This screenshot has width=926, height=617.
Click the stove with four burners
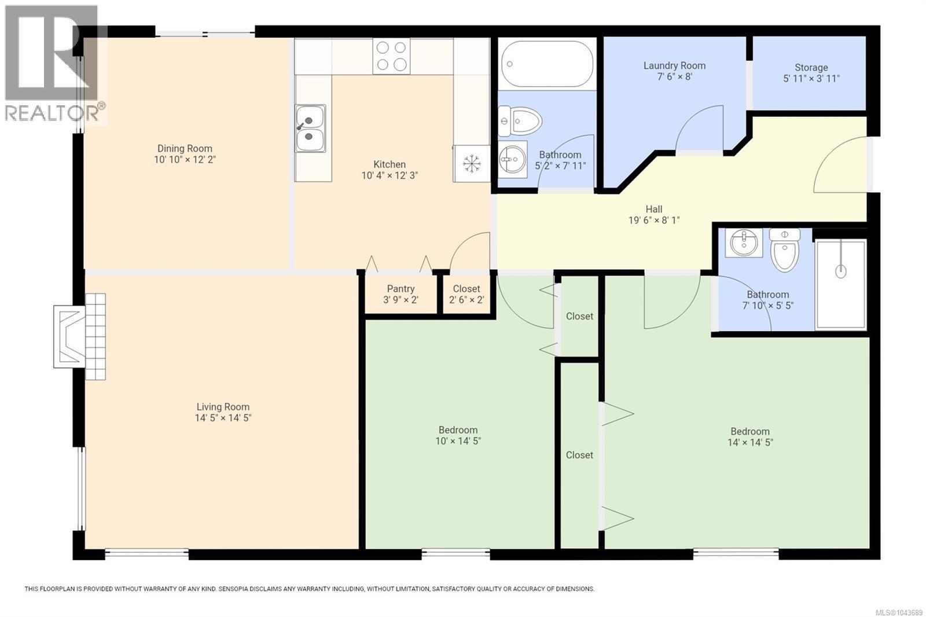point(391,56)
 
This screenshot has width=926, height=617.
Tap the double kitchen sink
point(310,128)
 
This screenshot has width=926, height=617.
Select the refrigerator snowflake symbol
point(471,164)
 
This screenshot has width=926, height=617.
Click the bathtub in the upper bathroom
point(547,64)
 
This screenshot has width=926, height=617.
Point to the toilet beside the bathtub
point(520,121)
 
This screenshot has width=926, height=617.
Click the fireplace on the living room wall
point(79,337)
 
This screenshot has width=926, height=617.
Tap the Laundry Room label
point(674,65)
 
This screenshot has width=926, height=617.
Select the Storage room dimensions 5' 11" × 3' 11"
point(811,79)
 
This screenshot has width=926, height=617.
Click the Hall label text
point(654,210)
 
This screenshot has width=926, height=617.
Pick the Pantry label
point(400,289)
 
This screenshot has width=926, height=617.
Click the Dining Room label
point(185,148)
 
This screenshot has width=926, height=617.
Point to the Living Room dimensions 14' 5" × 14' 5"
point(223,418)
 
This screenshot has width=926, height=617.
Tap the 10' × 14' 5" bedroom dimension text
point(458,441)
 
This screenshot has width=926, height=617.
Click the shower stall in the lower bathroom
point(840,285)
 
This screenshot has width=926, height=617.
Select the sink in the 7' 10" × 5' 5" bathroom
point(744,243)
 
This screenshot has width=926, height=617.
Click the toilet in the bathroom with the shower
point(785,250)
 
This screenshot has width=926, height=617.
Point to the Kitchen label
point(389,164)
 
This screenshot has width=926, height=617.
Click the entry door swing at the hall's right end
point(840,164)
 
